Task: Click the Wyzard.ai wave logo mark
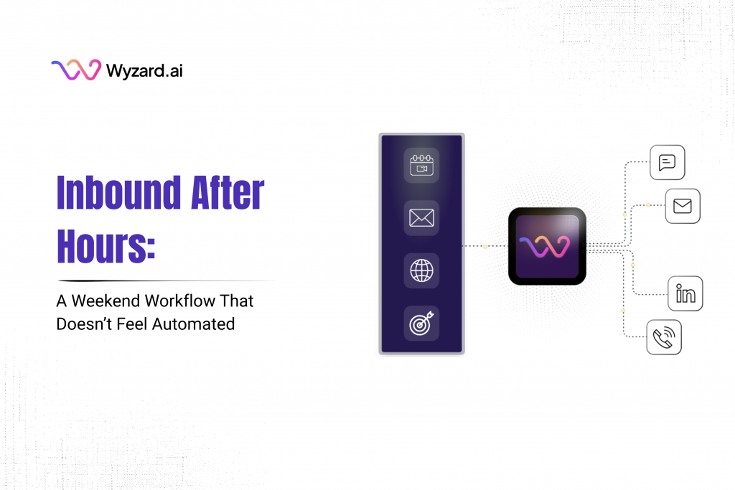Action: (x=75, y=70)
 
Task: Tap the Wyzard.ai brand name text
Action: (x=144, y=70)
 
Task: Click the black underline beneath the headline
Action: (x=165, y=280)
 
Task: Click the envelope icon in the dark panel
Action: (x=421, y=218)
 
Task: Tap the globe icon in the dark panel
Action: (x=421, y=271)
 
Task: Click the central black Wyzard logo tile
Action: (x=547, y=245)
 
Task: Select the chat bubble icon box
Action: (x=667, y=162)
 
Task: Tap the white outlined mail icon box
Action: (x=683, y=207)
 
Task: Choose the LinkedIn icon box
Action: (x=685, y=293)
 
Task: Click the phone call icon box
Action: (x=664, y=336)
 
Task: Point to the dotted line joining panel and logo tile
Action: (x=485, y=246)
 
